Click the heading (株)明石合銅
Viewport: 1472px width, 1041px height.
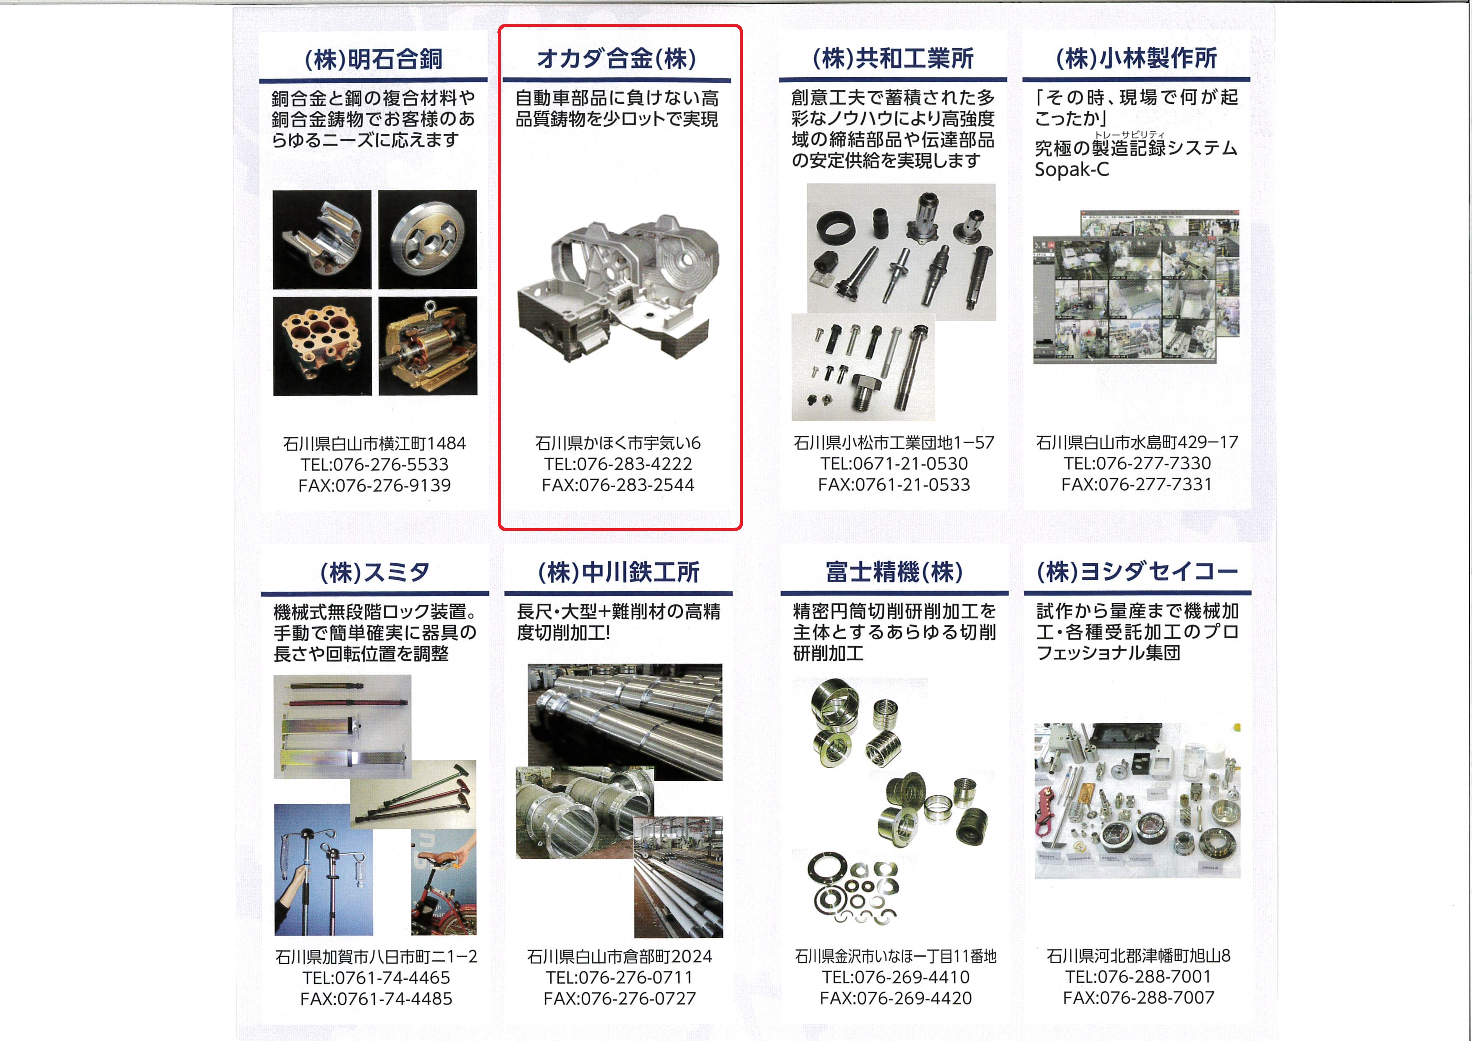click(x=373, y=59)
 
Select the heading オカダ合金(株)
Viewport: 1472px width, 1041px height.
click(x=617, y=58)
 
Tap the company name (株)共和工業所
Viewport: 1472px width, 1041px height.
click(x=893, y=58)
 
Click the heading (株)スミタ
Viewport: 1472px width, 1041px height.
click(x=375, y=572)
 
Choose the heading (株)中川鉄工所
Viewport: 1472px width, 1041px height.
click(x=619, y=572)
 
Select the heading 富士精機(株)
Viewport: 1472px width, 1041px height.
click(x=894, y=571)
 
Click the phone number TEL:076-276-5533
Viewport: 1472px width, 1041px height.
click(x=374, y=464)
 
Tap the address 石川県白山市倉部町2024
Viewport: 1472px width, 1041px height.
click(x=620, y=956)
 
